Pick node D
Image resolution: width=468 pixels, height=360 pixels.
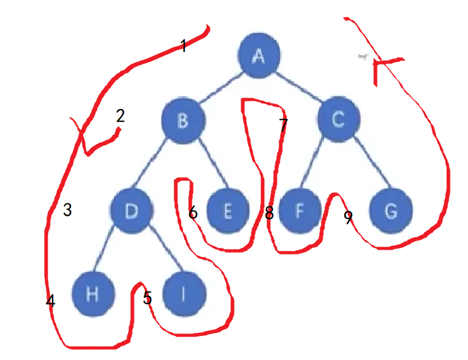click(x=131, y=210)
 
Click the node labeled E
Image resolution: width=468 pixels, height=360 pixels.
click(x=228, y=212)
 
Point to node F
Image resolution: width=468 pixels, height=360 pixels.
click(x=300, y=212)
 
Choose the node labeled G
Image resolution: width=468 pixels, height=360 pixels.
click(x=391, y=212)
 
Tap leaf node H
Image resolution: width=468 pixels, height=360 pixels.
click(x=92, y=294)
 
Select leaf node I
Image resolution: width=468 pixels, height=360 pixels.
click(x=184, y=294)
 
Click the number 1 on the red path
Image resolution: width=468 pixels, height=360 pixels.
click(x=183, y=45)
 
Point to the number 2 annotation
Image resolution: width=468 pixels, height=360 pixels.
click(x=120, y=115)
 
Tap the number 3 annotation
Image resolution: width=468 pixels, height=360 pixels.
click(x=68, y=210)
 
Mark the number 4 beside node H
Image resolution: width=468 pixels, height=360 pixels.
click(x=51, y=301)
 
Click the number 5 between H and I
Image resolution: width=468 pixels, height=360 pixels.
click(x=147, y=297)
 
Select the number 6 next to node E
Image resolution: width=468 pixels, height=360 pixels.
click(x=193, y=213)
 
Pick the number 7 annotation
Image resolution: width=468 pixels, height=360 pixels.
click(x=283, y=125)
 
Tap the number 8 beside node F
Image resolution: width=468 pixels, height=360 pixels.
click(x=269, y=213)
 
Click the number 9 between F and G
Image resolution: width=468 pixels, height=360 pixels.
click(x=348, y=218)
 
